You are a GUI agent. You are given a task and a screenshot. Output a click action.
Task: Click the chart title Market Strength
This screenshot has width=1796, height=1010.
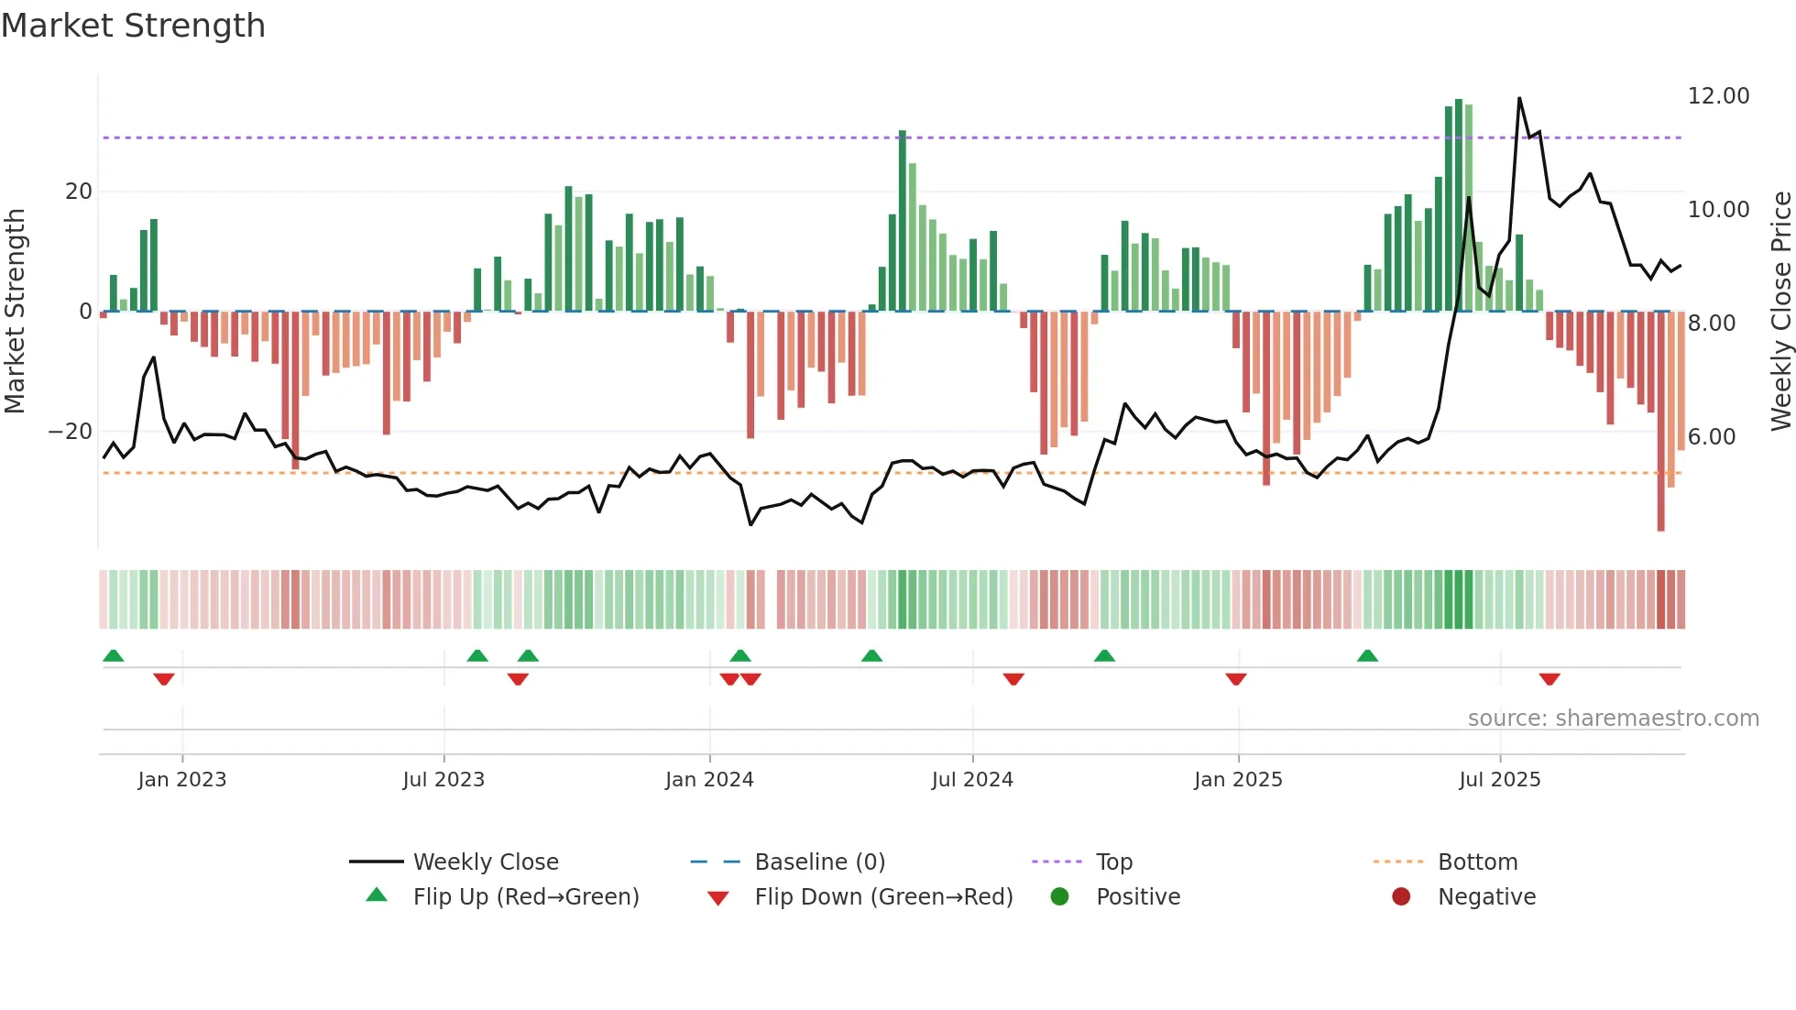[133, 26]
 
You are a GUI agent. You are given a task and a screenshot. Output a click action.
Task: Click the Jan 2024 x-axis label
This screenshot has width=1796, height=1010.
[709, 780]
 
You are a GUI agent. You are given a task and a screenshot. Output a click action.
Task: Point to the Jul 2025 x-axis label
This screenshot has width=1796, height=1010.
[1499, 780]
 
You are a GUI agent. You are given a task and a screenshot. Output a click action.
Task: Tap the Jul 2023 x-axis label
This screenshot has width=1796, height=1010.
[444, 780]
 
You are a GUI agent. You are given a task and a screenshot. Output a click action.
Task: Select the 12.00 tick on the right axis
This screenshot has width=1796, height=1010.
[1718, 96]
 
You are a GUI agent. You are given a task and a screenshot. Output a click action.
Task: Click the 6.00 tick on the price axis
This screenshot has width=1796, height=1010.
[1712, 437]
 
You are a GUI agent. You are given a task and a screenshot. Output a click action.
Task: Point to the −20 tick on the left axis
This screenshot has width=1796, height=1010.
[71, 432]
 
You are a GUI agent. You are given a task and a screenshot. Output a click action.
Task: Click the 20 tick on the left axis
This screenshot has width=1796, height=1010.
[79, 192]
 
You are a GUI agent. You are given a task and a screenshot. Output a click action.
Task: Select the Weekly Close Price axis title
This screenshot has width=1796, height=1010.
[1780, 312]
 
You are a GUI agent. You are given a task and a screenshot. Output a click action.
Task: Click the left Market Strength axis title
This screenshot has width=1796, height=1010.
[15, 312]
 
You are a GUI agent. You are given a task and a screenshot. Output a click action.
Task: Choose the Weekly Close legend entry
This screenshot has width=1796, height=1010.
[485, 862]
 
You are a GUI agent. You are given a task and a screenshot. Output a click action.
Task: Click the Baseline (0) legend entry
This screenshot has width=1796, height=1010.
[819, 862]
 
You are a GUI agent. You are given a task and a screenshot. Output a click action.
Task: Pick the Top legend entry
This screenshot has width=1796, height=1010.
[1113, 862]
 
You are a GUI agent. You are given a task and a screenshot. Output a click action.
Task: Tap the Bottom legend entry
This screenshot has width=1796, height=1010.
[1477, 862]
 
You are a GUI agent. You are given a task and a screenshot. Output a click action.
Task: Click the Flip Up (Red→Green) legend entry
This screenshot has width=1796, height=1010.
[525, 897]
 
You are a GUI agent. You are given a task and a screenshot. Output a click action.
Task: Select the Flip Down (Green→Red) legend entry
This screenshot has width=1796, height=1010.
[883, 897]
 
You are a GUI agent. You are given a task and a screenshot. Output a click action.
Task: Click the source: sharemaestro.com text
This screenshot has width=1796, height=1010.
[1613, 719]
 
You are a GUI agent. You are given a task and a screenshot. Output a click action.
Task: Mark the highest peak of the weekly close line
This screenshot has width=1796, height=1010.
[1519, 98]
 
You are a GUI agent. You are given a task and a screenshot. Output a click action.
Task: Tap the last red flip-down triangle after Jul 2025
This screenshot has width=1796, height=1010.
[1550, 679]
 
